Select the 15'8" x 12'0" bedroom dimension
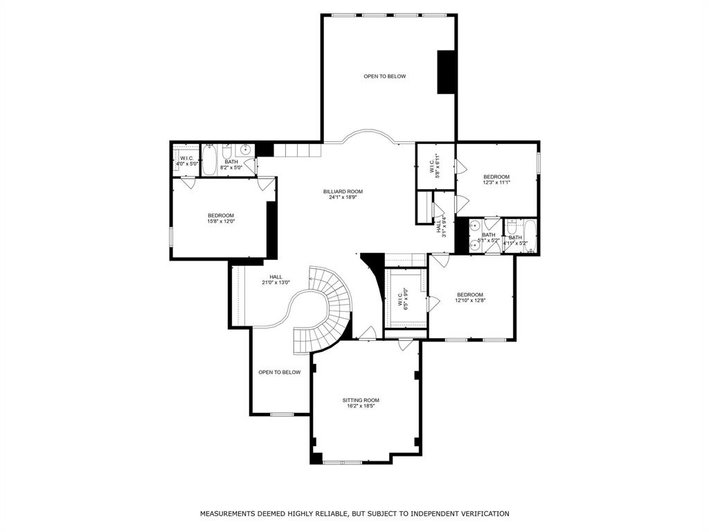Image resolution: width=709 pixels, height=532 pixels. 221,222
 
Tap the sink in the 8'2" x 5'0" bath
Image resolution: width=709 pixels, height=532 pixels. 245,150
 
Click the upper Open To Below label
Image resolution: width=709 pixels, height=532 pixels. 384,76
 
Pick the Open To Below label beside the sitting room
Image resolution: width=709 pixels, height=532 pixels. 280,372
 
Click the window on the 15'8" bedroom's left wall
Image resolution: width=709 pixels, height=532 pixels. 171,236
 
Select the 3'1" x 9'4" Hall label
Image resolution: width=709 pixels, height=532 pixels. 442,226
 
